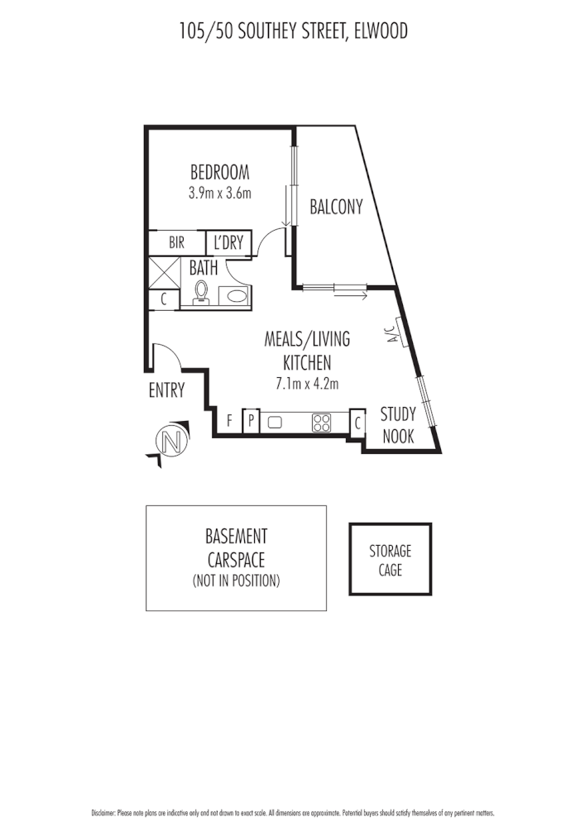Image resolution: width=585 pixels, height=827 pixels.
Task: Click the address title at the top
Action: point(293,31)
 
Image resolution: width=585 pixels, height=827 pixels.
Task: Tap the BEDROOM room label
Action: point(219,173)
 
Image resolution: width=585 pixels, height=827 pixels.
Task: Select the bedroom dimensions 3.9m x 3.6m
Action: point(219,193)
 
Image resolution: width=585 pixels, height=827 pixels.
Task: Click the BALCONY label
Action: point(336,208)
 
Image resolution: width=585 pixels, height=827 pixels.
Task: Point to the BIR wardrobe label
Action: point(176,243)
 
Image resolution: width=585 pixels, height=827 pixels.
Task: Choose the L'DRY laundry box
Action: point(228,243)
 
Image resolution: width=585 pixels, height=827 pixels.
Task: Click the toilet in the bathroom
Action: point(200,293)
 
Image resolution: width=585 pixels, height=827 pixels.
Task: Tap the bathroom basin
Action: point(236,296)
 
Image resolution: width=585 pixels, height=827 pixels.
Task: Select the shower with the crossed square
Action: point(163,272)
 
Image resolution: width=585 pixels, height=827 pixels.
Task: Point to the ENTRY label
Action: point(166,391)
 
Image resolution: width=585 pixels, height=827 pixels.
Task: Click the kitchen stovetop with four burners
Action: point(321,423)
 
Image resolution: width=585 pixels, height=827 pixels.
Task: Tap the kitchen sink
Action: point(275,423)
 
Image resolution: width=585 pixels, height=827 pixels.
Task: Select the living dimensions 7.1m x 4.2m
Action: point(307,383)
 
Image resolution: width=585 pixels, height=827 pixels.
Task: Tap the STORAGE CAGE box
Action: point(390,558)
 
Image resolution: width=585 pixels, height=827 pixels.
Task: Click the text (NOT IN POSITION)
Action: point(236,581)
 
